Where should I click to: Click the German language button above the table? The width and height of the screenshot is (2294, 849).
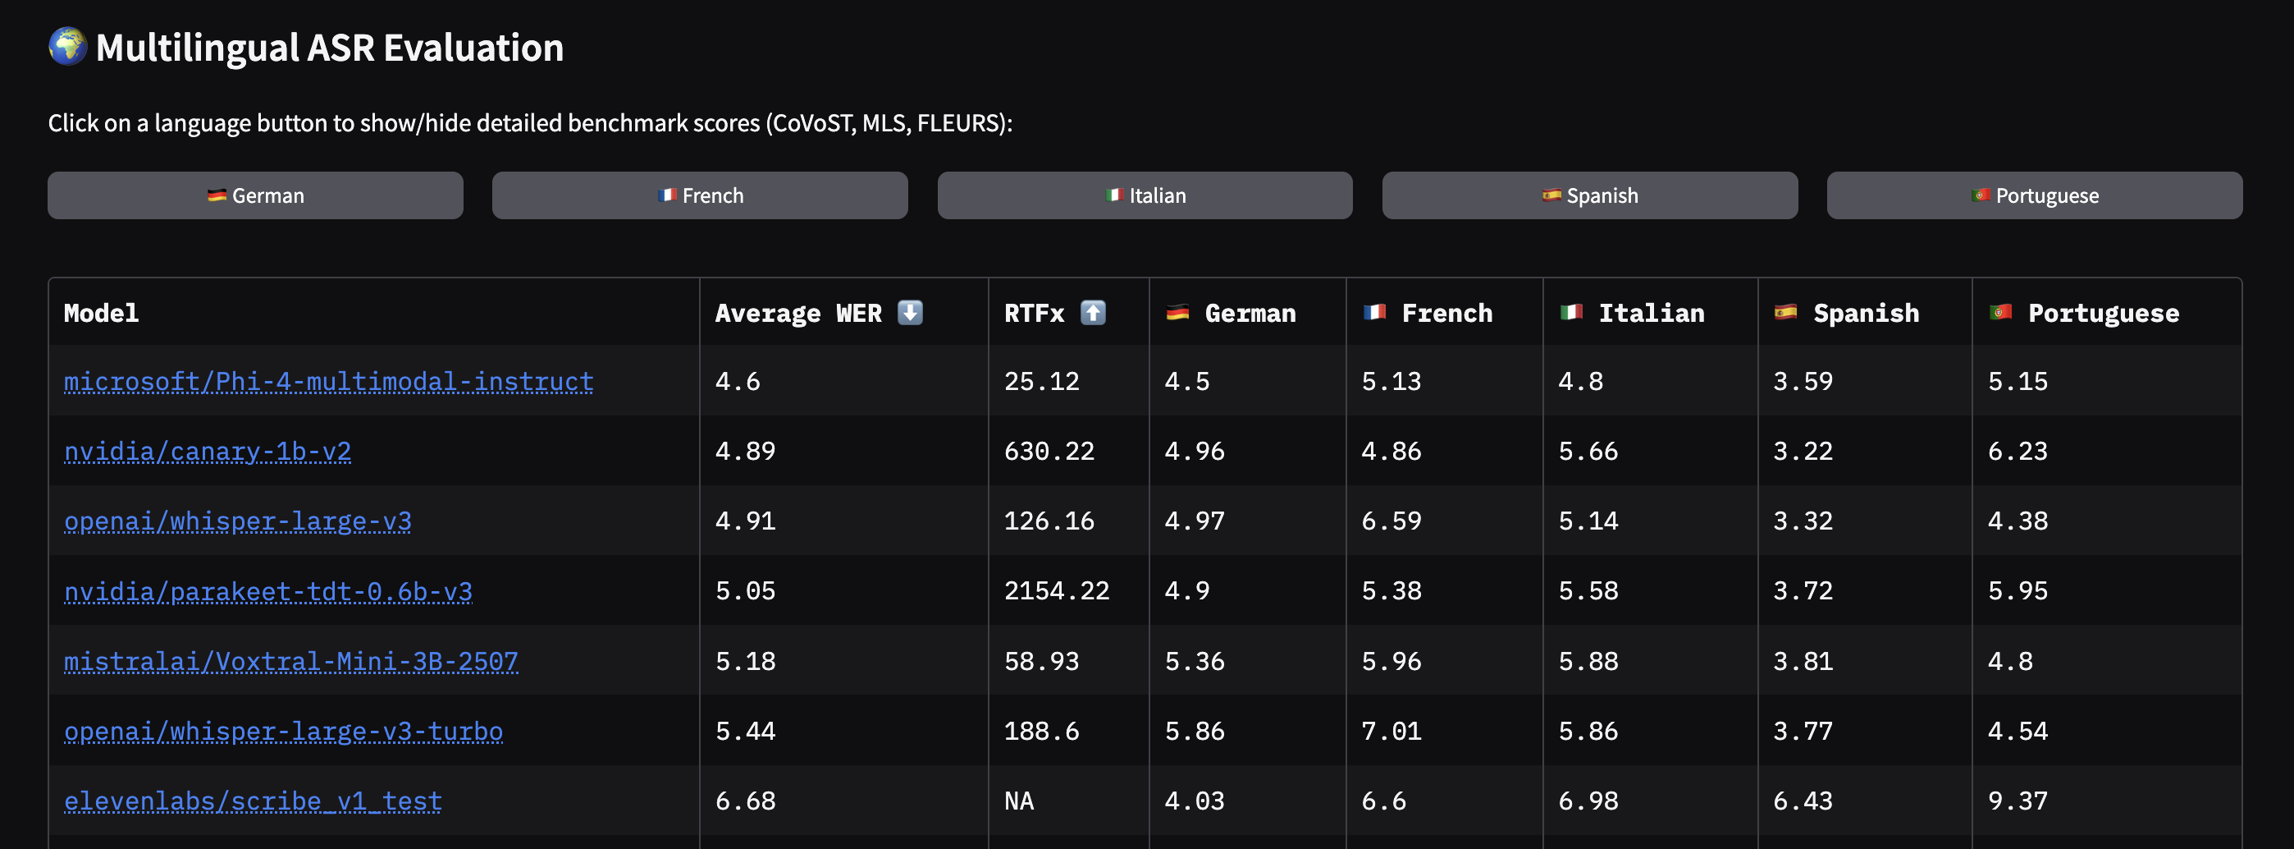click(x=256, y=195)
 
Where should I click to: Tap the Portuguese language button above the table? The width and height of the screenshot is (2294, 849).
click(x=2034, y=195)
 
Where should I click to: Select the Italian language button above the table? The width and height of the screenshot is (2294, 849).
click(x=1145, y=195)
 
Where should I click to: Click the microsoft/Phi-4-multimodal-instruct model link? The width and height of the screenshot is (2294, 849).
click(x=329, y=381)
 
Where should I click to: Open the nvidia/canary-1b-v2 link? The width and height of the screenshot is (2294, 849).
click(x=208, y=452)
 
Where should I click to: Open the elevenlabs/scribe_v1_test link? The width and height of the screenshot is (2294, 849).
click(x=253, y=801)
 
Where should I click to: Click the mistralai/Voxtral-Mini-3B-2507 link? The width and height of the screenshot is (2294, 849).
click(x=291, y=661)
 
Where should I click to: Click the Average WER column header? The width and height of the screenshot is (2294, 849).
click(x=798, y=314)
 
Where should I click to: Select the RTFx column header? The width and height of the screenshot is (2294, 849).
click(x=1034, y=314)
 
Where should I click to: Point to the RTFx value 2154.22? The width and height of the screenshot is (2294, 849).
click(x=1057, y=590)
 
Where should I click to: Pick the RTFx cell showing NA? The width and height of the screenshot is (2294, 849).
click(x=1019, y=801)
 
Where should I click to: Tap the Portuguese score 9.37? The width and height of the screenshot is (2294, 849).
click(x=2018, y=801)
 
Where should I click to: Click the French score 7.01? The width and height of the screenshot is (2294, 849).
click(x=1391, y=732)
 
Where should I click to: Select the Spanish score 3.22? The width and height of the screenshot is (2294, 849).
click(x=1803, y=452)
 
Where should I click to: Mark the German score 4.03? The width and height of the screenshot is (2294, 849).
click(x=1195, y=801)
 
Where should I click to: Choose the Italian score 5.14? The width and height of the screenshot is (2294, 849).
click(x=1588, y=521)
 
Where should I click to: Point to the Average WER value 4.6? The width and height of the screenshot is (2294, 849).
click(x=738, y=381)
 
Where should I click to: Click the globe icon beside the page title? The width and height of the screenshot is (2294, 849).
click(x=67, y=46)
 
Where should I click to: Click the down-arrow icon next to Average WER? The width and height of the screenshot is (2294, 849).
click(x=910, y=313)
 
